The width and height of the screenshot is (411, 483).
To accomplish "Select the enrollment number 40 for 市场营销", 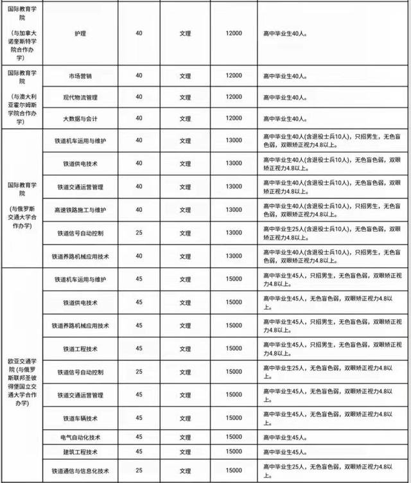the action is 139,76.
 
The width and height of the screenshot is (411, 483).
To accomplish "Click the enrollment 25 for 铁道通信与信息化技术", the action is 139,470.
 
